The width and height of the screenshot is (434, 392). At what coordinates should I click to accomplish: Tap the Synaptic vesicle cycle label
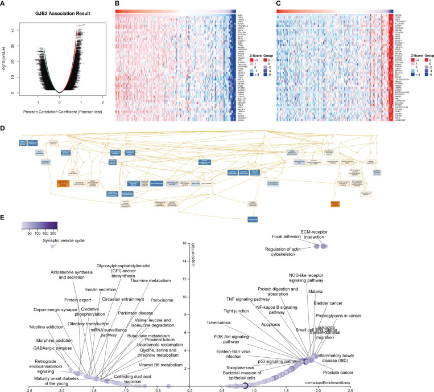pos(64,240)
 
